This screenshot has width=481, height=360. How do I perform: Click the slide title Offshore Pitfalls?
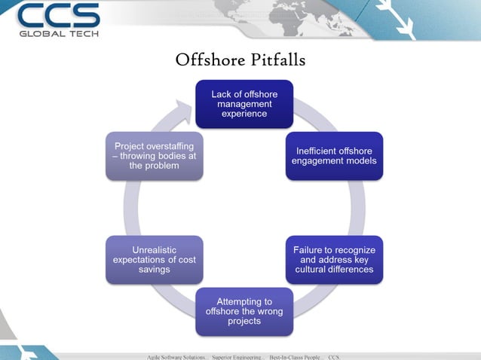pyautogui.click(x=240, y=59)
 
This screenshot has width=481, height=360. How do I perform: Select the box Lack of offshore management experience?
pyautogui.click(x=244, y=104)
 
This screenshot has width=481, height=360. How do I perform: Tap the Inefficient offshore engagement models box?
pyautogui.click(x=334, y=156)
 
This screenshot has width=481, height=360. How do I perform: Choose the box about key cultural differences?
pyautogui.click(x=334, y=260)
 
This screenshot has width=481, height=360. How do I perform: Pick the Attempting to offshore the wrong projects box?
pyautogui.click(x=244, y=311)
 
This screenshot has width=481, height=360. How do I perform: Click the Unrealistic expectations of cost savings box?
pyautogui.click(x=155, y=260)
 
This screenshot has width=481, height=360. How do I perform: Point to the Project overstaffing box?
pyautogui.click(x=155, y=156)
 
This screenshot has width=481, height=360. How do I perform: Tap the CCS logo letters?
pyautogui.click(x=58, y=16)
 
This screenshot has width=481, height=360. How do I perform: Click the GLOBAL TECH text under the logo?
pyautogui.click(x=58, y=33)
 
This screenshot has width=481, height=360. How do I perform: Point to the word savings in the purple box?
pyautogui.click(x=155, y=270)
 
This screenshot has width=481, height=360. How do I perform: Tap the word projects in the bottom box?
pyautogui.click(x=244, y=321)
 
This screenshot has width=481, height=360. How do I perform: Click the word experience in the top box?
pyautogui.click(x=244, y=114)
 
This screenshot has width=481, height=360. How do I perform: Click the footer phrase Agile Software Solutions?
pyautogui.click(x=176, y=355)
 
